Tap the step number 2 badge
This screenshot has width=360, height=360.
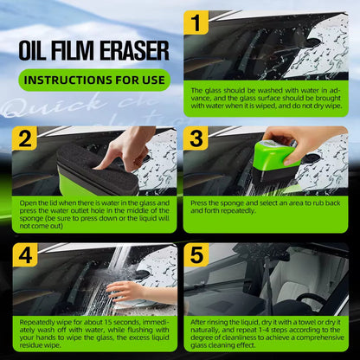(23, 137)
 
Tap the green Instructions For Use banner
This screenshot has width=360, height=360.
(94, 80)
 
